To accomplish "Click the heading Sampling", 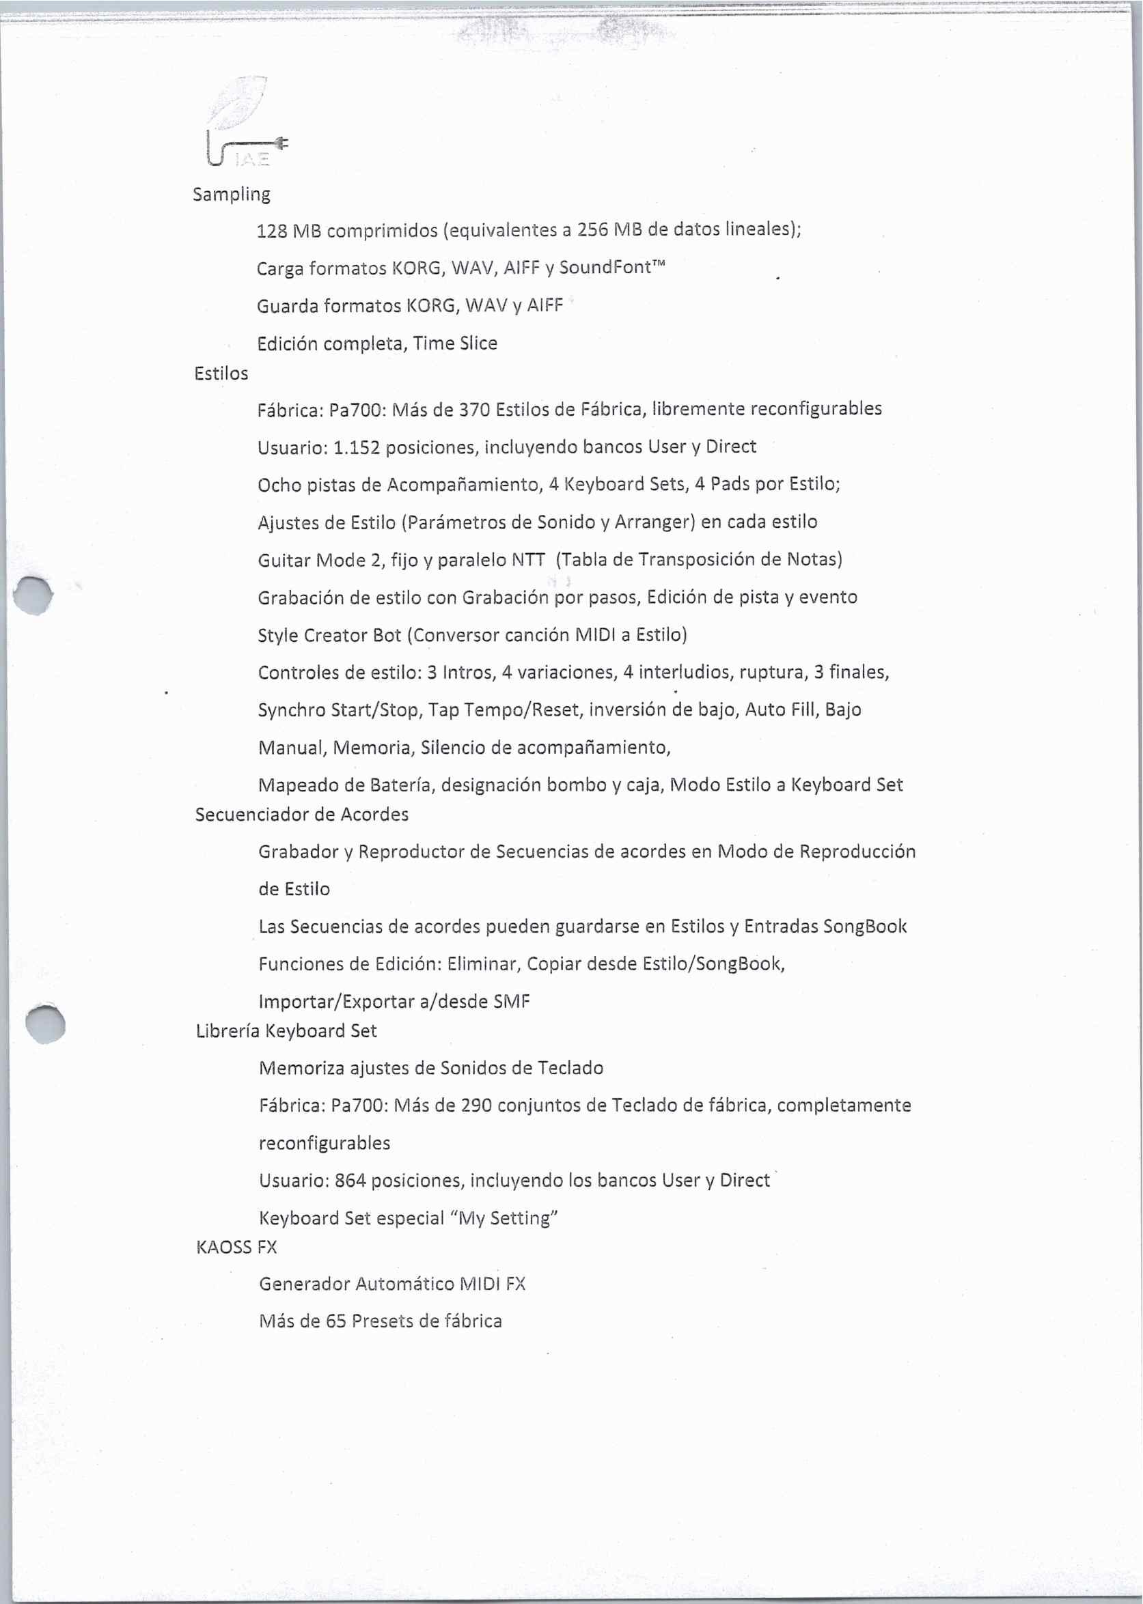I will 231,195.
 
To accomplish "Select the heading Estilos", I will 221,374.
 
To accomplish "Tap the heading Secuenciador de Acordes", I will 301,814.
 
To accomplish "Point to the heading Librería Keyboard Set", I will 286,1030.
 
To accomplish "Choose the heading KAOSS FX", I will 236,1247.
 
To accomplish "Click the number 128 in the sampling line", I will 271,230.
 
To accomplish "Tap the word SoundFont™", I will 611,268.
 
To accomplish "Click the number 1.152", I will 356,447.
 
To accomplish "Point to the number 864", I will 350,1180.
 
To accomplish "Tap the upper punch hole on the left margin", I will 32,595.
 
